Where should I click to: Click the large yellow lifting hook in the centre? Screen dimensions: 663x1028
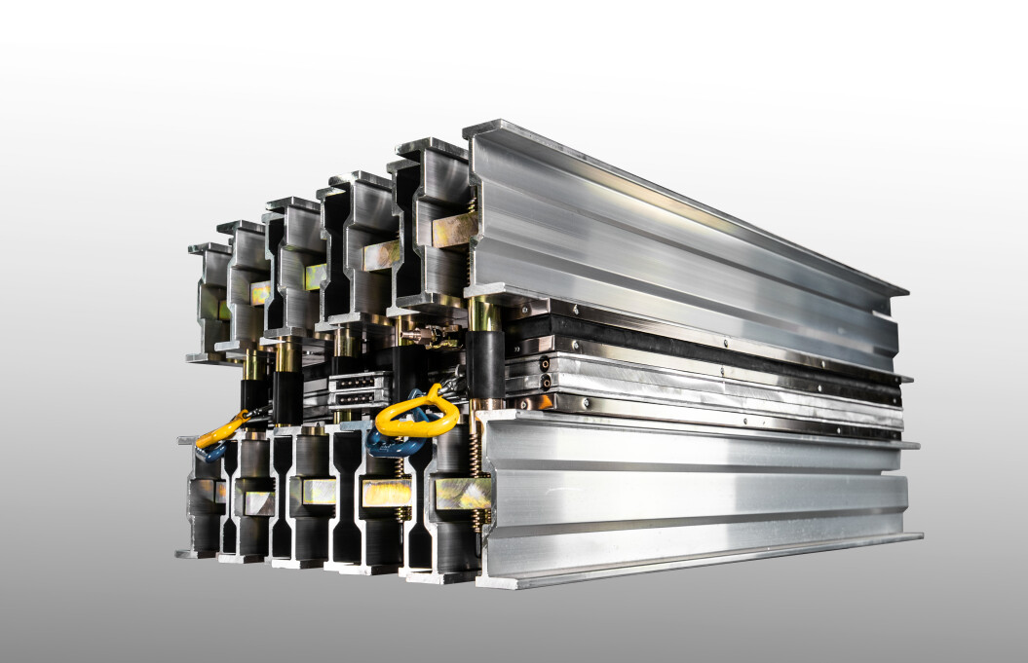tap(417, 415)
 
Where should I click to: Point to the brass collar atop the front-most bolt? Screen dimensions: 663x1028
tap(484, 313)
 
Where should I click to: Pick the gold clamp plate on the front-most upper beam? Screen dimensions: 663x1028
tap(454, 229)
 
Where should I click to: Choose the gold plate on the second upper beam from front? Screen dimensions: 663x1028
tap(380, 255)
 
